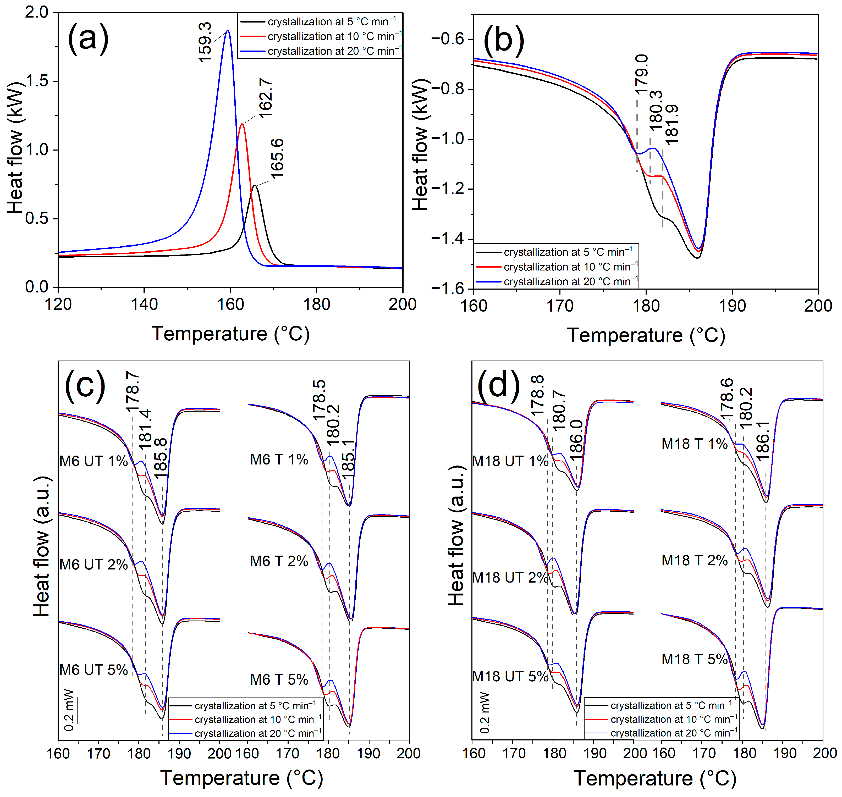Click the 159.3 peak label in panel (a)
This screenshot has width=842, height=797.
pyautogui.click(x=205, y=42)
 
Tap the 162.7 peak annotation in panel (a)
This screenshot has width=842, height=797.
pyautogui.click(x=266, y=98)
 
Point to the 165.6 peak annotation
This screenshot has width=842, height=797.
pyautogui.click(x=277, y=158)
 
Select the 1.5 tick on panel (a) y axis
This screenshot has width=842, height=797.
pyautogui.click(x=37, y=81)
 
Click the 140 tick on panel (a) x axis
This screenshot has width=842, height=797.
pyautogui.click(x=145, y=305)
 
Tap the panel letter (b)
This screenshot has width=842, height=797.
pyautogui.click(x=503, y=41)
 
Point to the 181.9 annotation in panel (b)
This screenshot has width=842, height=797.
pyautogui.click(x=672, y=124)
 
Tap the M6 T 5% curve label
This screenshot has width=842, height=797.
pyautogui.click(x=279, y=680)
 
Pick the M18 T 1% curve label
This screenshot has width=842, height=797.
pyautogui.click(x=694, y=444)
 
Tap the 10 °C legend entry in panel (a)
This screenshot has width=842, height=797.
pyautogui.click(x=334, y=37)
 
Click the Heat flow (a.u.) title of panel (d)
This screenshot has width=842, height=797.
pyautogui.click(x=457, y=535)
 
